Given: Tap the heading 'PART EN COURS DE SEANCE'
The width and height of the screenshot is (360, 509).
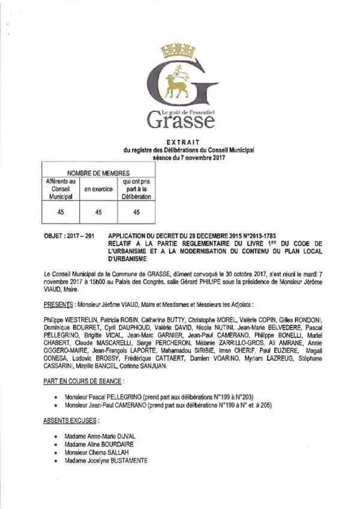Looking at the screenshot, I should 83,381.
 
